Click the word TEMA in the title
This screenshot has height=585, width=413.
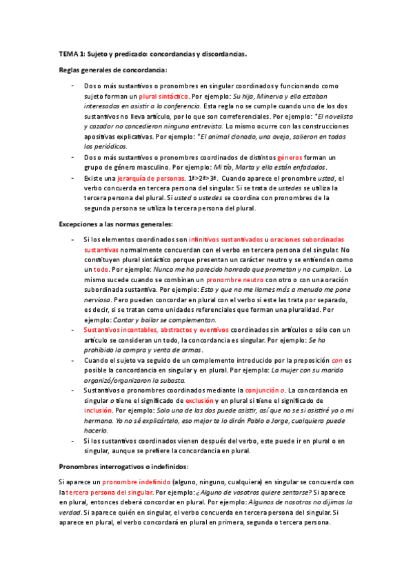tap(68, 53)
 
